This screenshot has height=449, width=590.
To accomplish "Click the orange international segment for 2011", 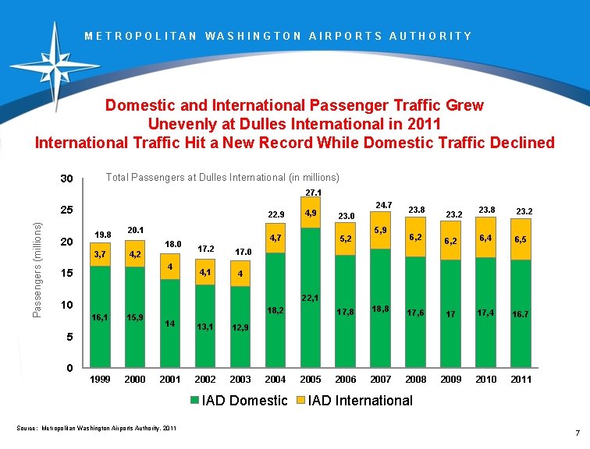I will (x=521, y=245).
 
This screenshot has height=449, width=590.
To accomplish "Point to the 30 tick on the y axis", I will (x=67, y=180).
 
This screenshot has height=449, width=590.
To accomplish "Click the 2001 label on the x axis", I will (x=170, y=380).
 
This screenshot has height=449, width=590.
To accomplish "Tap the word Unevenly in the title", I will (x=181, y=123).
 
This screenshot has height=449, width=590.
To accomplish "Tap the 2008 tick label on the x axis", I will (x=416, y=380).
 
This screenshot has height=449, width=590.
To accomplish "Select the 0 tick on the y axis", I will (x=70, y=368).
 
